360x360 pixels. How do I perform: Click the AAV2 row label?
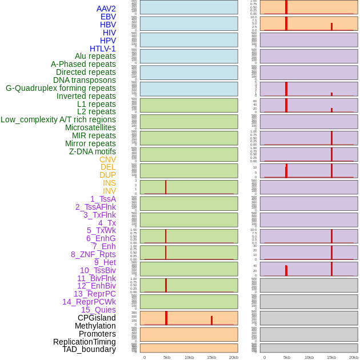tap(106, 9)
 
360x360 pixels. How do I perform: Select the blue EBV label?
tap(108, 17)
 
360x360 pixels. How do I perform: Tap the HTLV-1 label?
tap(102, 49)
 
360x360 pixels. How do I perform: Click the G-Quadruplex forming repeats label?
tap(61, 88)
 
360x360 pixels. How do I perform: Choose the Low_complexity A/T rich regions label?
tap(58, 119)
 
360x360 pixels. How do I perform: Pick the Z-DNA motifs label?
tap(92, 151)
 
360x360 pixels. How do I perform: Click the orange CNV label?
tap(107, 159)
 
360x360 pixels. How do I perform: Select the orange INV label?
tap(109, 191)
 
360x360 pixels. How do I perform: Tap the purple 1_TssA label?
tap(103, 199)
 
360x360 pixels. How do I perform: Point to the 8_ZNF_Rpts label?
tap(93, 254)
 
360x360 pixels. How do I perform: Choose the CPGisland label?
tap(97, 318)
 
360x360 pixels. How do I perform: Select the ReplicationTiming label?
tap(85, 342)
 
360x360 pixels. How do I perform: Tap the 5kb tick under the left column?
tap(167, 357)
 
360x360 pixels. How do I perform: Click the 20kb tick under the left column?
tap(234, 357)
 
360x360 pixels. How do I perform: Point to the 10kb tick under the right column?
tap(309, 357)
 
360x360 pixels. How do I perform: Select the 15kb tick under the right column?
tap(331, 357)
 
